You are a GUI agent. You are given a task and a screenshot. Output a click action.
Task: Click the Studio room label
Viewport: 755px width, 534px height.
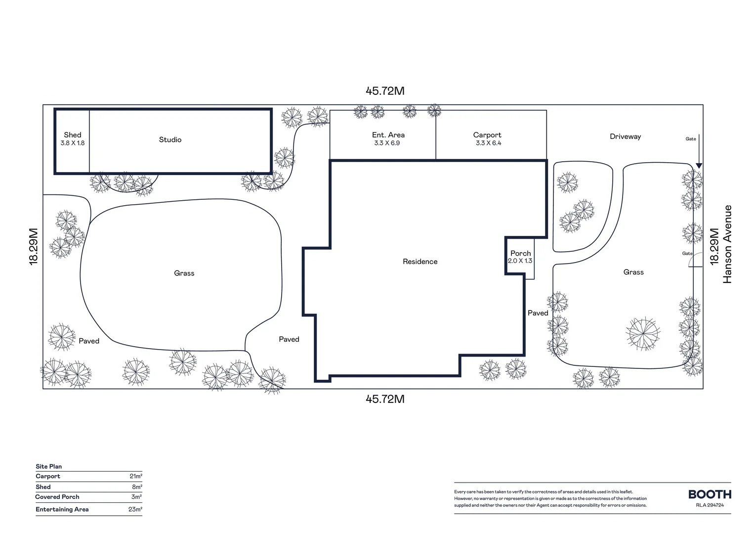(x=170, y=140)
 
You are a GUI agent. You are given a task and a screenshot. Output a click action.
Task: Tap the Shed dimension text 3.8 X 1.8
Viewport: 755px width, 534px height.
(x=72, y=143)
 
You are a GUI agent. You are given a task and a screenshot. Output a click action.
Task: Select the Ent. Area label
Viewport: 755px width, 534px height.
(x=388, y=135)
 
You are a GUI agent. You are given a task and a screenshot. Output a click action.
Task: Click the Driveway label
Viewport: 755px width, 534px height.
(x=625, y=136)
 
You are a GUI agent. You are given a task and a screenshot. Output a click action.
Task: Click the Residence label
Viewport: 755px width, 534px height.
(x=420, y=262)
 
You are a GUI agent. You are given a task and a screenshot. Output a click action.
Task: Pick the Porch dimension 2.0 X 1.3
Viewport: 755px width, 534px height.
(x=520, y=261)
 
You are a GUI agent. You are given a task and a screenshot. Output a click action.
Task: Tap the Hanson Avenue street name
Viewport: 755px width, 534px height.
(x=727, y=244)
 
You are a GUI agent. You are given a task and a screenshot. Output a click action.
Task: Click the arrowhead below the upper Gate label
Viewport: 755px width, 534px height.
(x=699, y=166)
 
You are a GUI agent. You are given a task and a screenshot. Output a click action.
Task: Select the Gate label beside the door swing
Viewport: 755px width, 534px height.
(x=687, y=254)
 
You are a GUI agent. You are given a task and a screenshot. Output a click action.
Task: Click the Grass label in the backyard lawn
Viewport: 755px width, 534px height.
(x=184, y=273)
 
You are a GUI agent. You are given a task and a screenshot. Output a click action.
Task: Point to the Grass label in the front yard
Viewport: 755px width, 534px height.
(x=633, y=272)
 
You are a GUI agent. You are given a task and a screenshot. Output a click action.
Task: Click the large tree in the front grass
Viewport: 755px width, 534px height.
(x=643, y=334)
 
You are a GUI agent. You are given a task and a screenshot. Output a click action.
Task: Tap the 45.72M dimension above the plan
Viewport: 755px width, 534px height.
(x=385, y=91)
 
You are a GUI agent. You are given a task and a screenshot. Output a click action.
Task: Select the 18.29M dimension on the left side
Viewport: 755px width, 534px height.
(x=34, y=246)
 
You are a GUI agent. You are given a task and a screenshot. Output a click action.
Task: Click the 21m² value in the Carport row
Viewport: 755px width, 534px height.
(x=136, y=477)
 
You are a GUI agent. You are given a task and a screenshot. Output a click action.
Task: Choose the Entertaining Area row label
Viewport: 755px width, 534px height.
(x=62, y=509)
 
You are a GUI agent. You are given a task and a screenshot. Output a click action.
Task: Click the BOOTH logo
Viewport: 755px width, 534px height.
(x=710, y=494)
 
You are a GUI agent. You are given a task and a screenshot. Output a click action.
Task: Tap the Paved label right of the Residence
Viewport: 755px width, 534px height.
(x=538, y=313)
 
